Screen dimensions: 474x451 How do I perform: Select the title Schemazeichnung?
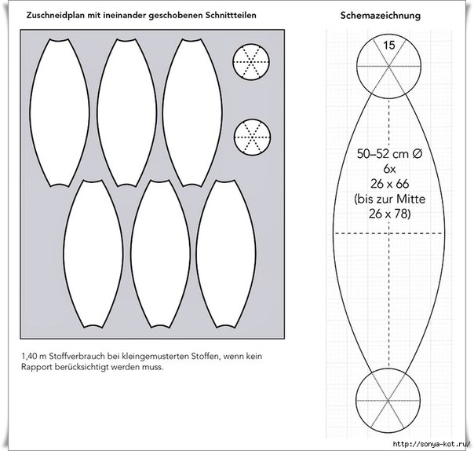click(381, 16)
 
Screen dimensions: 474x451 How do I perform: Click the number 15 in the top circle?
click(389, 46)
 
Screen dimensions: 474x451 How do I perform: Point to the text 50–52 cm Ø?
click(389, 154)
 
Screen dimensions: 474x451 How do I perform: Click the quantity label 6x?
click(389, 169)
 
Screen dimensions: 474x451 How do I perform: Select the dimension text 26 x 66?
click(390, 184)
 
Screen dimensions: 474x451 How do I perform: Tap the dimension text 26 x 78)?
click(390, 214)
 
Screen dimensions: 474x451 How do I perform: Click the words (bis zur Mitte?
click(390, 199)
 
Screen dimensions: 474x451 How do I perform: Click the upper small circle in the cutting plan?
click(251, 62)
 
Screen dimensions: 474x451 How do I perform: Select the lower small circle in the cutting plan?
click(253, 137)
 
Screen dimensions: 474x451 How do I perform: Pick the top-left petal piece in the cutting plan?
click(60, 112)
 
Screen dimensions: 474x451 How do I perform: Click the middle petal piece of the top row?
click(127, 112)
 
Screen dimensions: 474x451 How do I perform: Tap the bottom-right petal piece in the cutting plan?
click(226, 254)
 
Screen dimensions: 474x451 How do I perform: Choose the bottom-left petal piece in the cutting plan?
click(93, 254)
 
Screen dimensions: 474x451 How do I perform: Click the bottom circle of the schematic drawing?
click(388, 401)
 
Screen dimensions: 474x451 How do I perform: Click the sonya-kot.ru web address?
click(432, 445)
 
